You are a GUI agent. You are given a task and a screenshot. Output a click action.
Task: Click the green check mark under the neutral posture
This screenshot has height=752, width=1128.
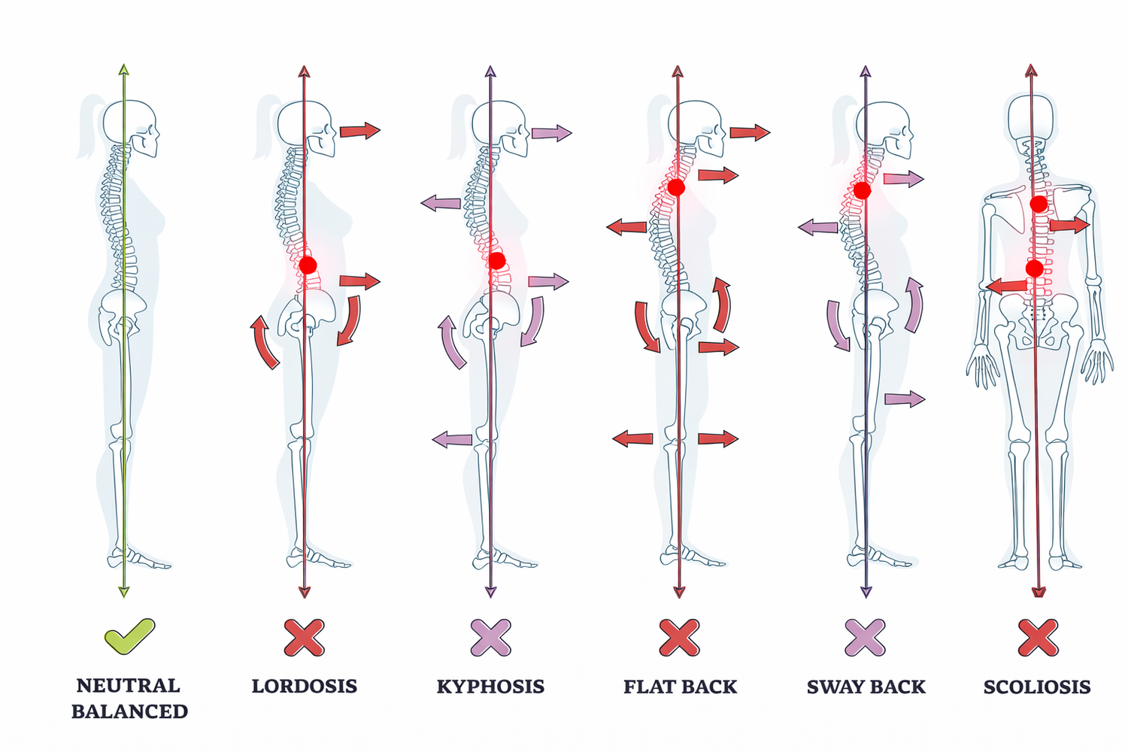[x=129, y=636]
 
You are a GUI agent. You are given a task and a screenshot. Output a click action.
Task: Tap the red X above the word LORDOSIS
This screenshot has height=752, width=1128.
[x=304, y=638]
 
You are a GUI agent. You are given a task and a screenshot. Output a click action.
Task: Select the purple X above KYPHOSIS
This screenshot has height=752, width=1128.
[x=490, y=638]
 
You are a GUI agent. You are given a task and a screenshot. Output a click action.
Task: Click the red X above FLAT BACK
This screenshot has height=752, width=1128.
[x=679, y=638]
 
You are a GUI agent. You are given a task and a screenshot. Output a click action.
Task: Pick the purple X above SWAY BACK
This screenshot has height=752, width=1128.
[x=865, y=638]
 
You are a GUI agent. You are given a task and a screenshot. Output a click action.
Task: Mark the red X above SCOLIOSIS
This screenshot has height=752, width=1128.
[x=1038, y=638]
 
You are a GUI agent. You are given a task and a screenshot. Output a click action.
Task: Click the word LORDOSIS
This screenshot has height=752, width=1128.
[x=304, y=687]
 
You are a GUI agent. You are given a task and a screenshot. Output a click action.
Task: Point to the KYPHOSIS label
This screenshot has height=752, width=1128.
[x=490, y=687]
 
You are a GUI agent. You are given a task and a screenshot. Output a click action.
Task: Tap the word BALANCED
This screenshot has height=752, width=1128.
[x=129, y=711]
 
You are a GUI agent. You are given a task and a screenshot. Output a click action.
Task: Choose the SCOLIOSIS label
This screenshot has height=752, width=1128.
[x=1037, y=687]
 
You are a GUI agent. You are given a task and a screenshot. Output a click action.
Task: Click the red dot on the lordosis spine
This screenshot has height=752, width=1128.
[x=308, y=265]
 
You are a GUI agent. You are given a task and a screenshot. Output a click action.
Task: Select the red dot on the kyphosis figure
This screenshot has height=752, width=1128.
[x=496, y=261]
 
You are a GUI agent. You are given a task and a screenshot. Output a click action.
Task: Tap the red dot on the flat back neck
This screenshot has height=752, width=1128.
[x=676, y=187]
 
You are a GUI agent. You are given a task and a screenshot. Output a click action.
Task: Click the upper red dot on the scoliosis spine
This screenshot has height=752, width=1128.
[x=1039, y=204]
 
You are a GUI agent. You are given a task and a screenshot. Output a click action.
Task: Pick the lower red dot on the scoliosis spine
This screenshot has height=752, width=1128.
[x=1035, y=268]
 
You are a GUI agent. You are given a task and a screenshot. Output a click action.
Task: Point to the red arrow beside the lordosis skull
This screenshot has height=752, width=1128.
[x=359, y=131]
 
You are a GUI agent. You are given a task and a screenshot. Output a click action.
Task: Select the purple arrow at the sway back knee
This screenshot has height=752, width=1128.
[x=904, y=399]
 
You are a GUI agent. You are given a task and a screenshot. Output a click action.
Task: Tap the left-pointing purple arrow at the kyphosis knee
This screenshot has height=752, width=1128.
[x=453, y=439]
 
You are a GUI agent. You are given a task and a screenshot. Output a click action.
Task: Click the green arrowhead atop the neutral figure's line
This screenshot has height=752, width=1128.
[x=124, y=70]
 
